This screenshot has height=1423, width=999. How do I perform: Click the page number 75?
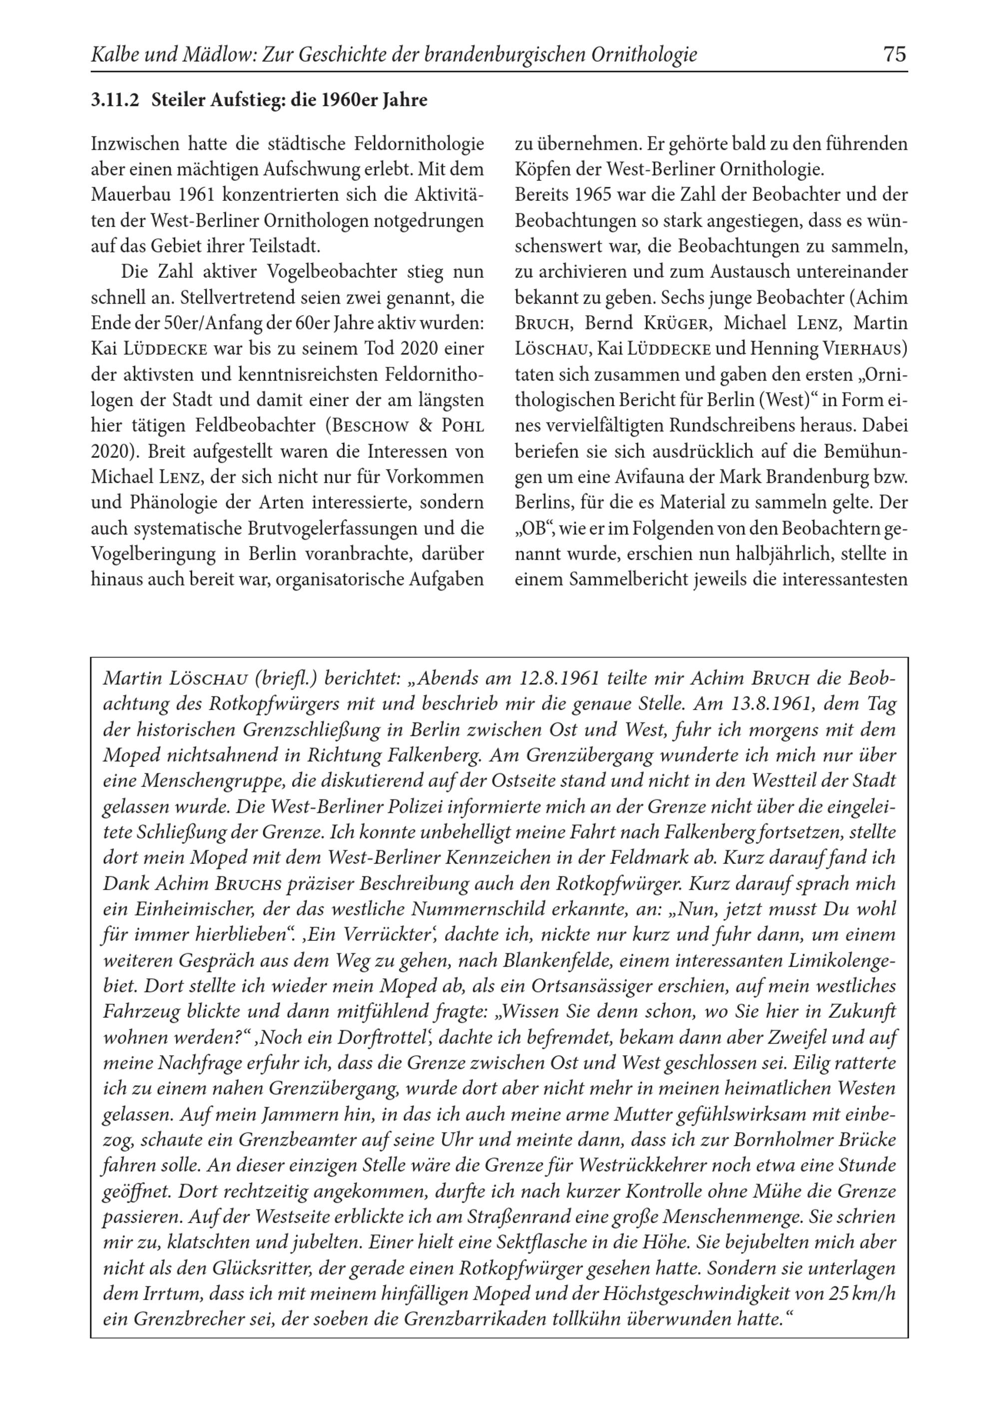click(x=894, y=54)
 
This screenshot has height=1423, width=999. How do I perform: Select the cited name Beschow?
click(x=371, y=426)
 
